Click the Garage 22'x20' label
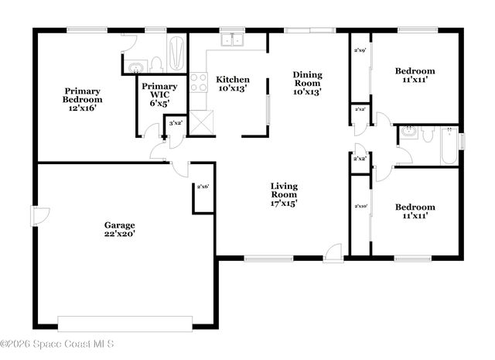[120, 229]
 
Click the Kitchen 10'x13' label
[232, 84]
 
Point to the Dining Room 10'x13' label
[306, 83]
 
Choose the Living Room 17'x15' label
[284, 194]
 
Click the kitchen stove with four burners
[198, 82]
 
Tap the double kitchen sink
[232, 41]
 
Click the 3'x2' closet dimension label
[176, 123]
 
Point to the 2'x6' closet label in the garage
[203, 187]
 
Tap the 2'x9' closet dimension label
[360, 50]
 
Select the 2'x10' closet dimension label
[360, 207]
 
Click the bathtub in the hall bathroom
[449, 144]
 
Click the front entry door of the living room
[333, 251]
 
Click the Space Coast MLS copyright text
[58, 343]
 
